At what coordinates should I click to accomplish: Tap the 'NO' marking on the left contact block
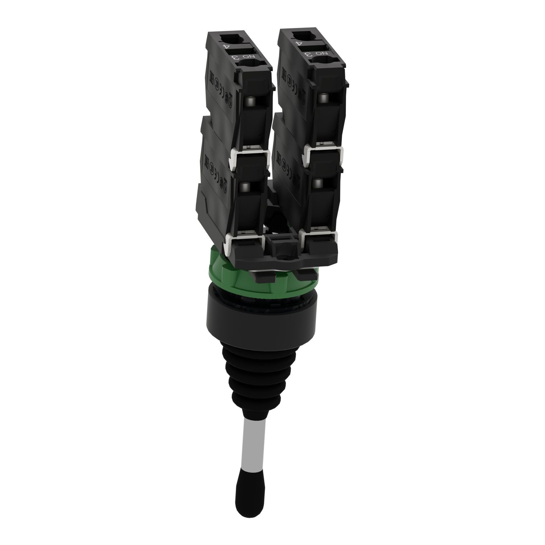(x=246, y=57)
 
